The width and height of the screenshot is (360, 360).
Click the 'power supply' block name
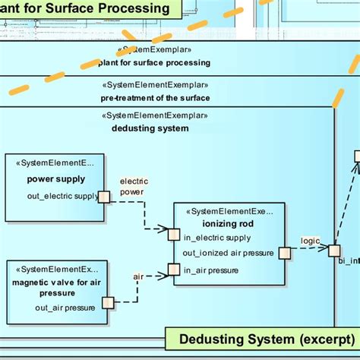[55, 179]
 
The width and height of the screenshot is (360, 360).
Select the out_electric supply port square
[104, 197]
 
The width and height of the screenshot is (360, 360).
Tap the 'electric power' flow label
[134, 187]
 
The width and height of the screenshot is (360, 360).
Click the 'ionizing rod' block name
[229, 223]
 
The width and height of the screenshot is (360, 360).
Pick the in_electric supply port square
[173, 234]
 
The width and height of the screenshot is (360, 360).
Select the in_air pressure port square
[173, 269]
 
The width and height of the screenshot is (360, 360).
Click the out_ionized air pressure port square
[285, 253]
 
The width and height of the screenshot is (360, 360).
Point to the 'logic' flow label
[310, 241]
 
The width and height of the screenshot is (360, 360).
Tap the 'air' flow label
[138, 276]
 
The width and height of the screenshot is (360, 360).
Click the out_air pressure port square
[108, 302]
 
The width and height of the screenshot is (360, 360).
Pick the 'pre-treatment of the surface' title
[155, 98]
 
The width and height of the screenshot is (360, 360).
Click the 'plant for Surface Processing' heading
[87, 8]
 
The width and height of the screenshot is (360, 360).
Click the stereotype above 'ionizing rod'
[229, 211]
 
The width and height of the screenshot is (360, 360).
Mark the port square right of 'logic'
[333, 248]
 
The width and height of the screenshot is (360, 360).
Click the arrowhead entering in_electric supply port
[163, 228]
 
